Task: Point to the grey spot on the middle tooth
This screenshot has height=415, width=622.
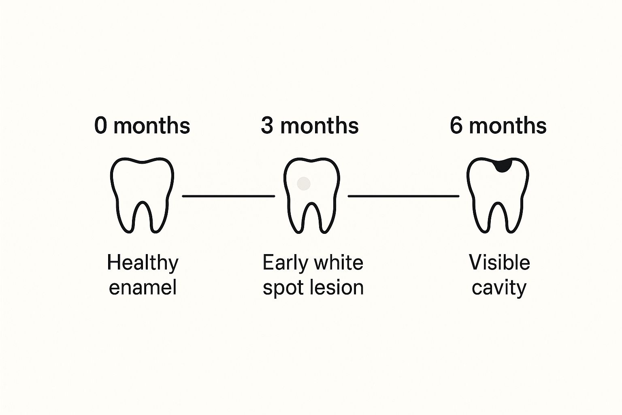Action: coord(303,184)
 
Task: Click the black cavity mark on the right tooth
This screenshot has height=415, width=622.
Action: coord(502,166)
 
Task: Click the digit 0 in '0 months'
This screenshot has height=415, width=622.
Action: coord(100,126)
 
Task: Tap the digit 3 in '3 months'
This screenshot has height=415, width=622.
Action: coord(267,126)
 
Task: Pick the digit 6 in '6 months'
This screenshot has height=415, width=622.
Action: coord(456,126)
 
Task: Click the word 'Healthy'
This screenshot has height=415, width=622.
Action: coord(143,263)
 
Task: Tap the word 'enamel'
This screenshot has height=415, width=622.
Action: coord(143,287)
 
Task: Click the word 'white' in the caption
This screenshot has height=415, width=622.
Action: coord(336,262)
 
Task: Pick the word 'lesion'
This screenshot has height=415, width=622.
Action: coord(336,287)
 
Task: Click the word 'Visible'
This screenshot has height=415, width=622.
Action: coord(500,262)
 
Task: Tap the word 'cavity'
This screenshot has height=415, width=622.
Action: coord(499,289)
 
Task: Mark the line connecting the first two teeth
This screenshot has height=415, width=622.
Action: coord(228,196)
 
